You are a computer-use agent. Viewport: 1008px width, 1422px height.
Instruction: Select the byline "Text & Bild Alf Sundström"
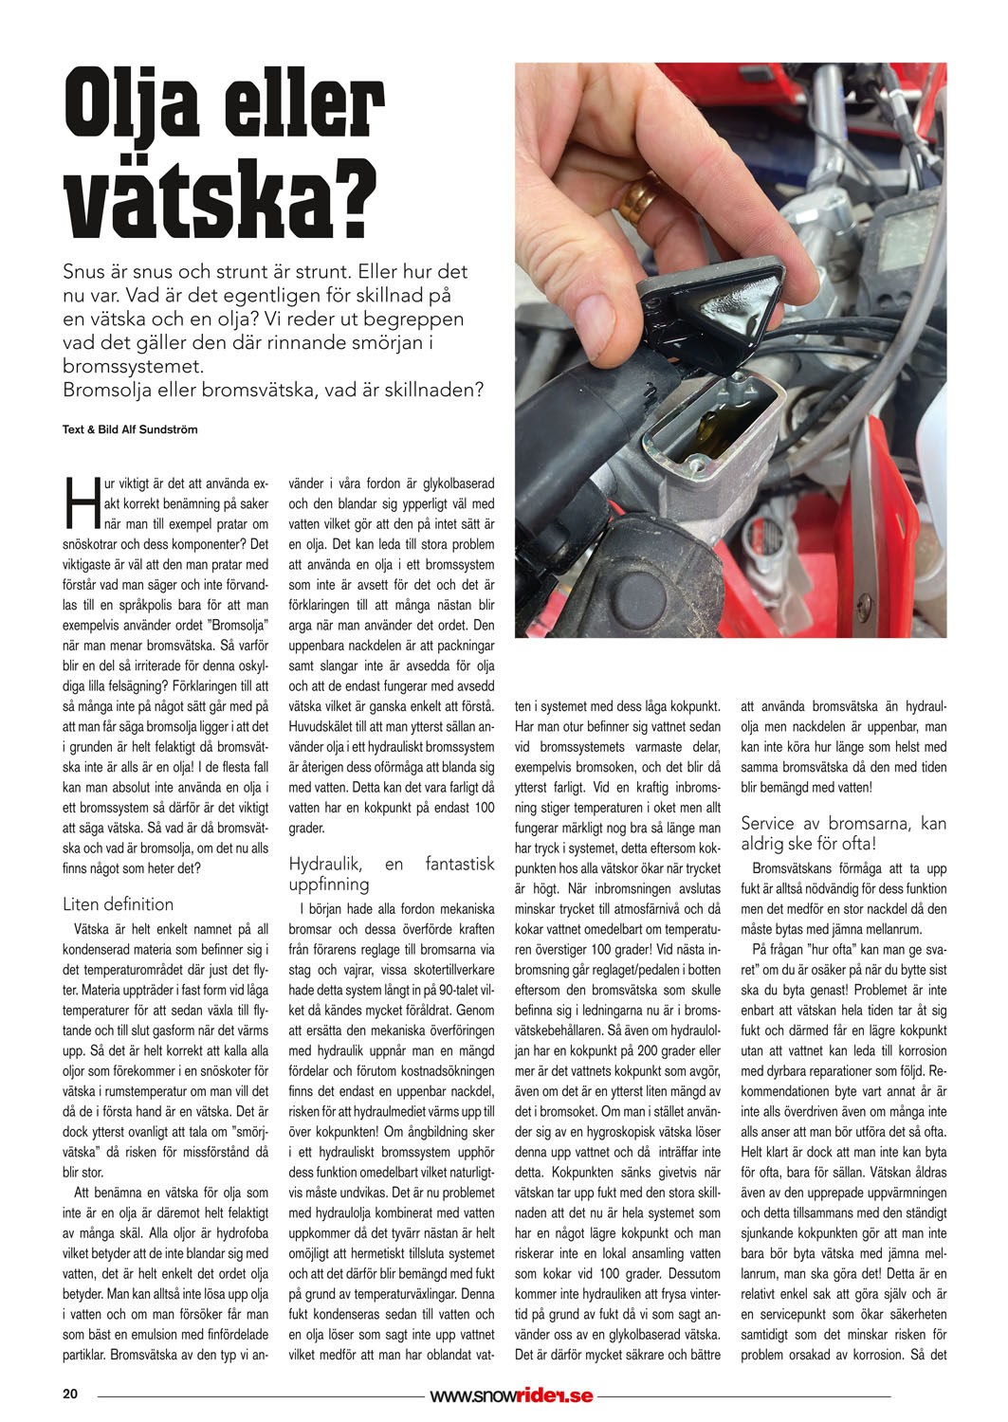(130, 428)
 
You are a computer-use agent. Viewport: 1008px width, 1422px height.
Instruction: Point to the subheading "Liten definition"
(119, 903)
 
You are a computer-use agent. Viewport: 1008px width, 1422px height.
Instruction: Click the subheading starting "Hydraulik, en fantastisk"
(391, 873)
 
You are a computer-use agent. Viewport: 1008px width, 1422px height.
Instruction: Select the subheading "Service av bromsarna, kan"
(843, 823)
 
